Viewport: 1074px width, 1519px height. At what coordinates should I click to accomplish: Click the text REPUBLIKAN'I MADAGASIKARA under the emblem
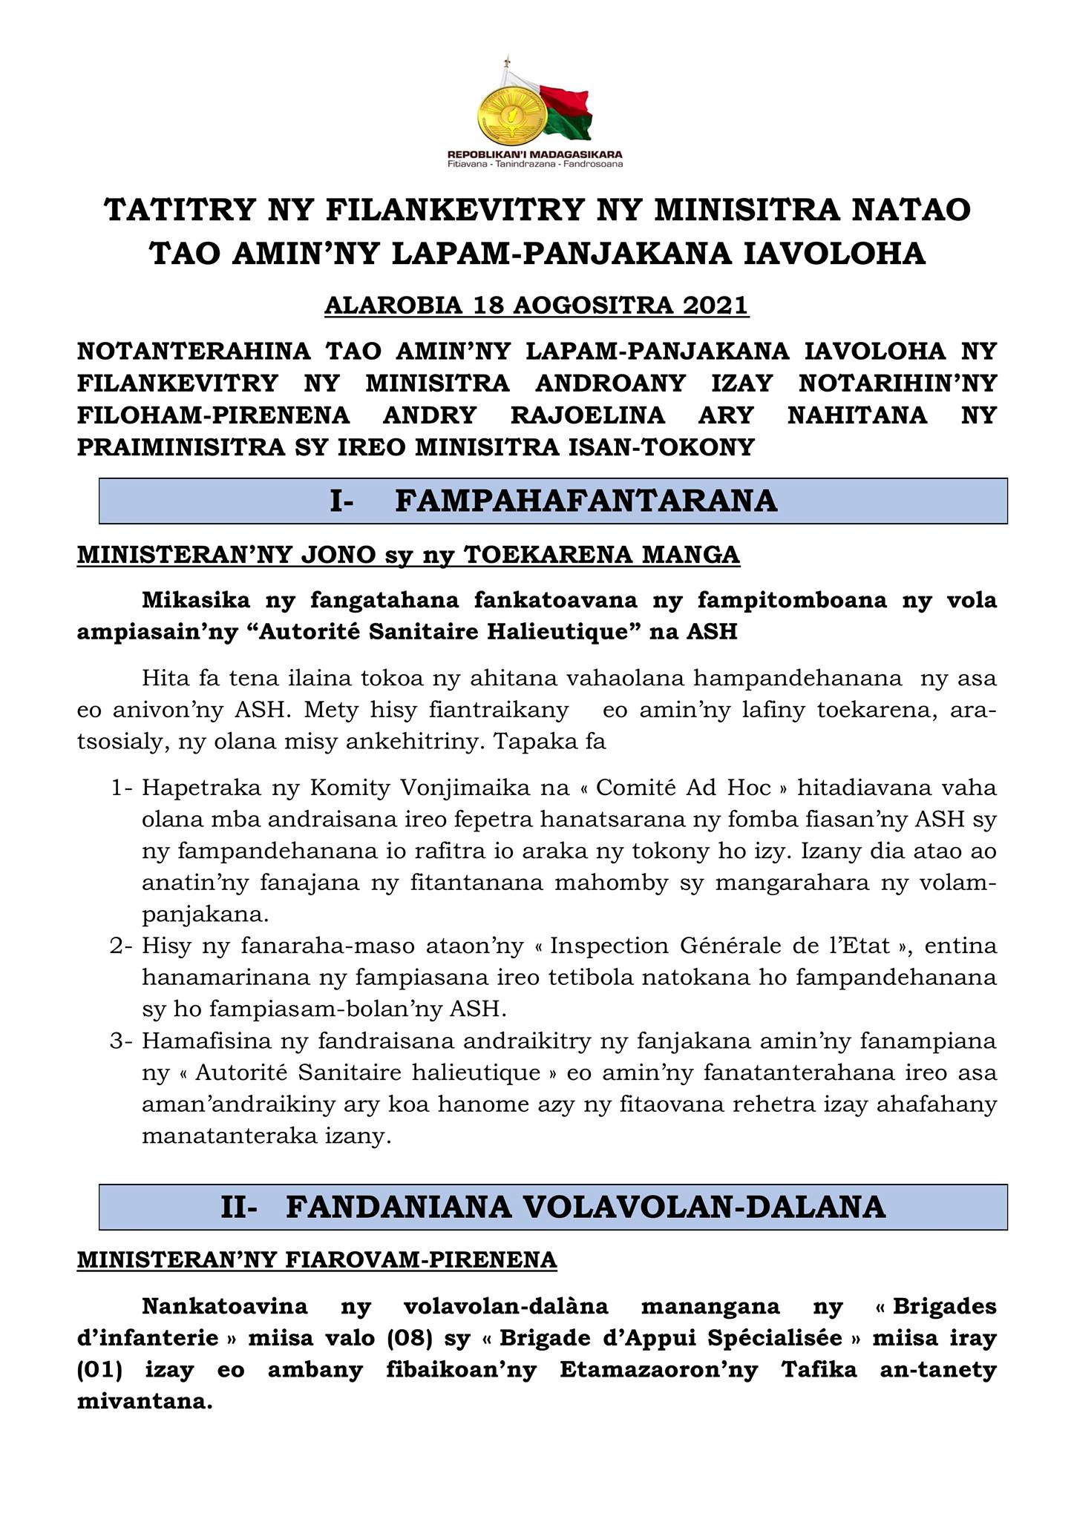[x=535, y=154]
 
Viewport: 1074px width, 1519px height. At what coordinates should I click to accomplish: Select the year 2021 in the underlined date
[x=714, y=306]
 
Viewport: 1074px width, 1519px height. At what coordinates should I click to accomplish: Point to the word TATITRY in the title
[x=175, y=210]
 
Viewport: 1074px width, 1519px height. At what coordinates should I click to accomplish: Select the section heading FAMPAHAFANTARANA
[x=586, y=501]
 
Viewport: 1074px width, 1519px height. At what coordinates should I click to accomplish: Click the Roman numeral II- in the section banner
[x=239, y=1207]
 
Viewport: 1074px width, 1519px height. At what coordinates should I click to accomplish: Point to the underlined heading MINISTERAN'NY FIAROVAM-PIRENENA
[x=317, y=1259]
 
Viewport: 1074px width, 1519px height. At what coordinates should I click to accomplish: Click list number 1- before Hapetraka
[x=122, y=788]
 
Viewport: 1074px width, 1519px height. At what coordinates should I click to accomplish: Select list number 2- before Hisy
[x=122, y=946]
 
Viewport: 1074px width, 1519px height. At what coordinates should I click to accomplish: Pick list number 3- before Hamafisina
[x=122, y=1041]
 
